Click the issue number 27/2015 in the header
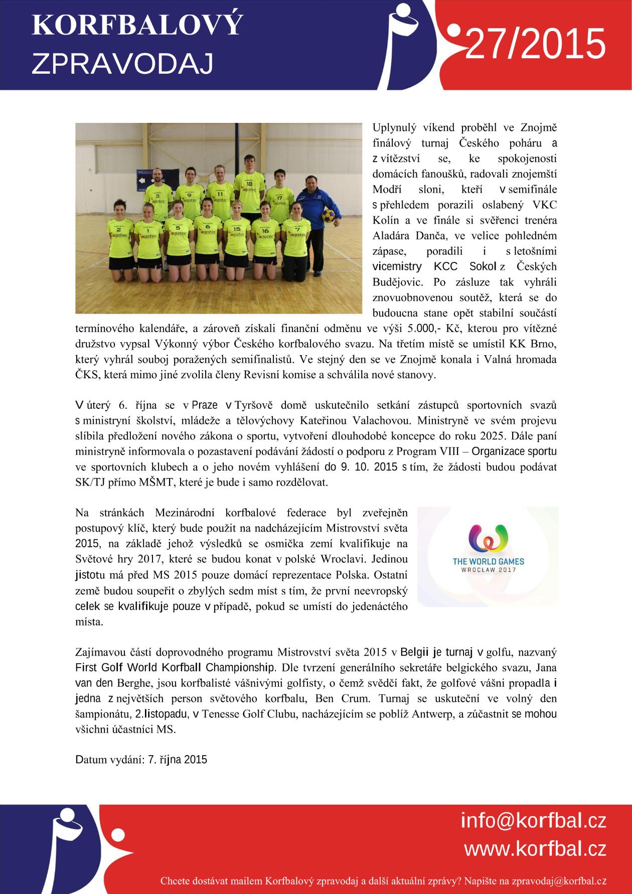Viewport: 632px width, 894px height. (x=536, y=44)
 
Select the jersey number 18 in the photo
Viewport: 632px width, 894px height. (x=249, y=184)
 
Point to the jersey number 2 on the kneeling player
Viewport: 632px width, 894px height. (x=119, y=229)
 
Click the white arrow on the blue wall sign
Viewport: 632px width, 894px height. (x=142, y=181)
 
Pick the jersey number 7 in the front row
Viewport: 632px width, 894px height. (x=298, y=229)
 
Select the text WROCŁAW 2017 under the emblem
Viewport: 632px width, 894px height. (x=486, y=569)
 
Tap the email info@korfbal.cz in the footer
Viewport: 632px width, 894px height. (x=533, y=821)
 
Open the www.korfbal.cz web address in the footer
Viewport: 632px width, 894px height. (x=535, y=849)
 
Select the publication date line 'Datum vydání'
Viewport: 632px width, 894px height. (x=141, y=759)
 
